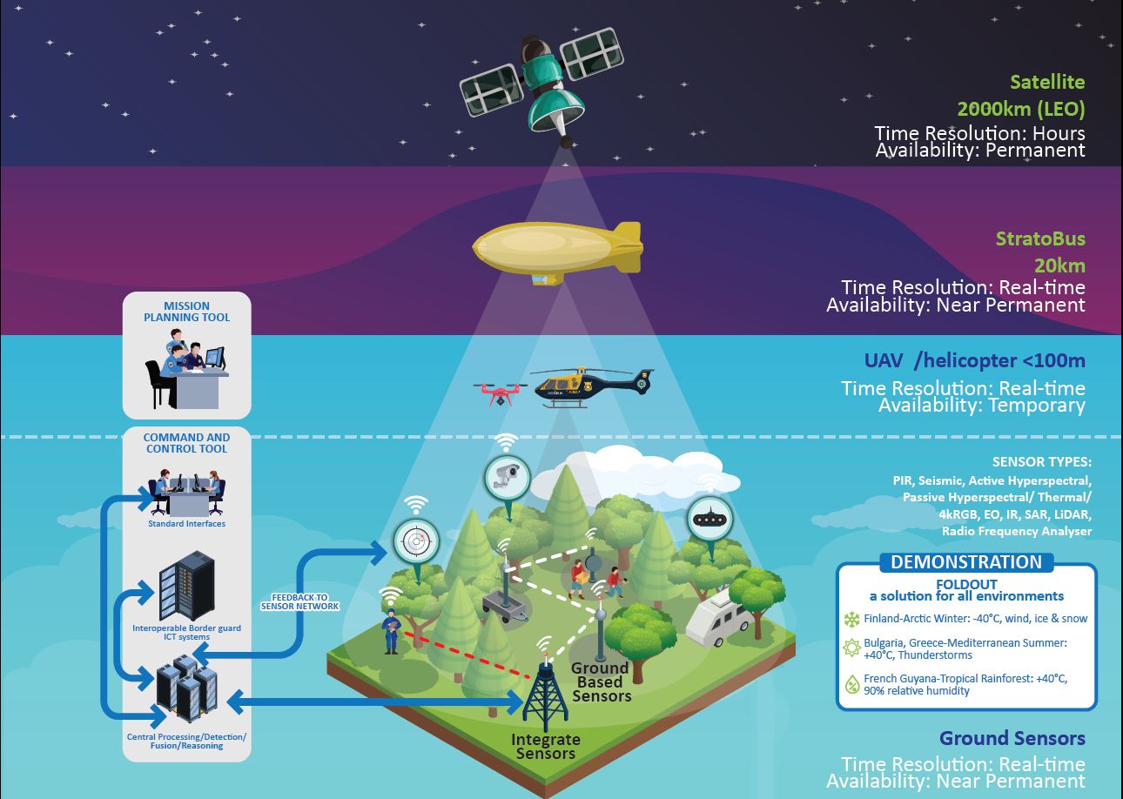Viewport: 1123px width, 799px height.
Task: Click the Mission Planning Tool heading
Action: tap(186, 312)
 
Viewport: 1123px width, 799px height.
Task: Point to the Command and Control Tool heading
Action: tap(186, 443)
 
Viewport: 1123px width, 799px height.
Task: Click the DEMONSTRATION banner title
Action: tap(965, 562)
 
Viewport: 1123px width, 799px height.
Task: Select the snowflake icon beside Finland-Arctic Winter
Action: tap(851, 620)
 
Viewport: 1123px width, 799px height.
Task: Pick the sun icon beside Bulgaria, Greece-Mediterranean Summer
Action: tap(851, 648)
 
